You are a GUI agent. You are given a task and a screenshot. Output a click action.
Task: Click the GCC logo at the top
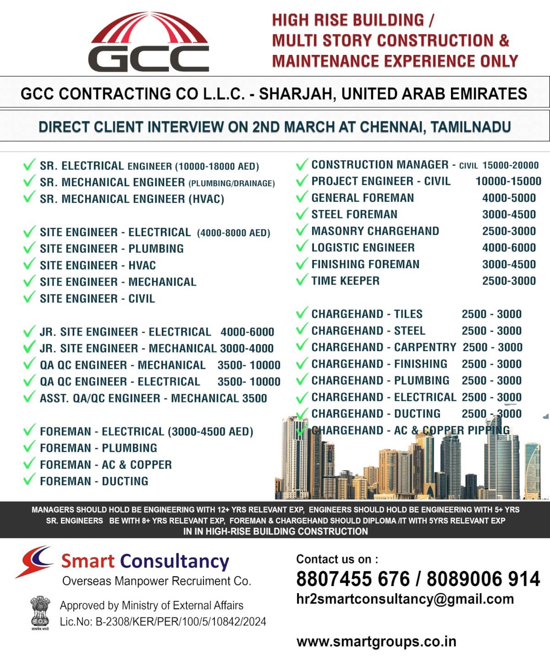tap(149, 43)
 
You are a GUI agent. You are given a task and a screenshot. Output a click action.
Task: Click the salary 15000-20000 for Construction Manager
tap(511, 165)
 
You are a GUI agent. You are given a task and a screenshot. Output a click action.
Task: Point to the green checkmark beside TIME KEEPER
tap(302, 280)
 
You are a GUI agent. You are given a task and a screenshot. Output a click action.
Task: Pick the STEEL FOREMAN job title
tap(354, 214)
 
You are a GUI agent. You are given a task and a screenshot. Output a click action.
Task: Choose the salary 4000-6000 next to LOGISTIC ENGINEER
tap(509, 248)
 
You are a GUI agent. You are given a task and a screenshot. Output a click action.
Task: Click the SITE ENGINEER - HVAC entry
tap(98, 265)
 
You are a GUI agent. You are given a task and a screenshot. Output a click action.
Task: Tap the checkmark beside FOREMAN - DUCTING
tap(29, 480)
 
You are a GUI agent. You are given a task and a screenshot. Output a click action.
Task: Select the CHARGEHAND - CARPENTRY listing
tap(384, 347)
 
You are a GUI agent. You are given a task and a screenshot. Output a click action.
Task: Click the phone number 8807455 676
tap(353, 579)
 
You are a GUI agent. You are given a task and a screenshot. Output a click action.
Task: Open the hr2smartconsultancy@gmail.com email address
tap(405, 599)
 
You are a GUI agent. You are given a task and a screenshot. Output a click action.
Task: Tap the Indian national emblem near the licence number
tap(40, 612)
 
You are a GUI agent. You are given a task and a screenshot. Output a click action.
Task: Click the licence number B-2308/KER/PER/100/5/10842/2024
tap(181, 622)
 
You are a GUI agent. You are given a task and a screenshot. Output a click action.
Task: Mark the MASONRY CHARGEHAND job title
tap(375, 231)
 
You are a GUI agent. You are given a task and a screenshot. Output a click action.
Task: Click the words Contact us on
tap(337, 559)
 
